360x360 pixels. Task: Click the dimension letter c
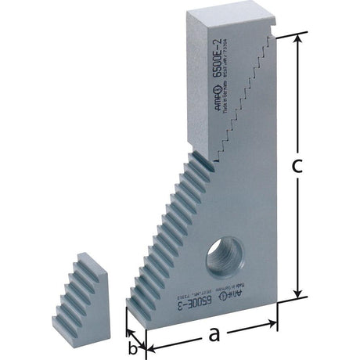(317, 167)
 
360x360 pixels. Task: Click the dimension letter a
(212, 335)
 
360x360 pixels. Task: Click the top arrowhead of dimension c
(297, 38)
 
